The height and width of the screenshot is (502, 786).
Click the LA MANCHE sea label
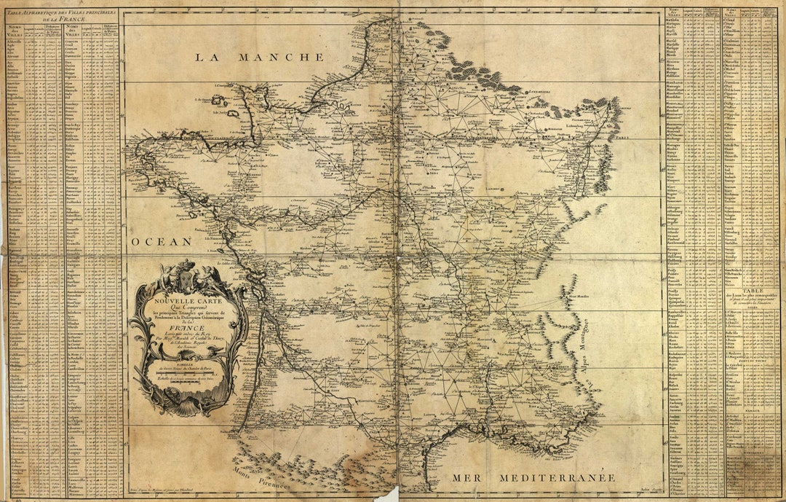pyautogui.click(x=259, y=57)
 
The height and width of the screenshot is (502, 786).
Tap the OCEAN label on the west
pyautogui.click(x=162, y=241)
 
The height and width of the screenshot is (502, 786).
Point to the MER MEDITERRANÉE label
pyautogui.click(x=533, y=478)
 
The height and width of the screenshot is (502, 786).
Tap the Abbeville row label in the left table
pyautogui.click(x=15, y=42)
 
